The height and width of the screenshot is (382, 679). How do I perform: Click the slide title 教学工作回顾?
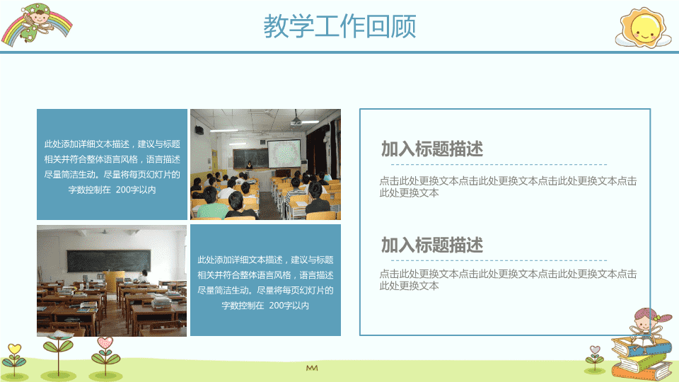(340, 26)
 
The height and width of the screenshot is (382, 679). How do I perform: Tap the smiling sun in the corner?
(644, 28)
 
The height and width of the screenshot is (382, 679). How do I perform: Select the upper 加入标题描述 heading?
(431, 149)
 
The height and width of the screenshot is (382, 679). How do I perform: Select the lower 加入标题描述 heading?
(431, 245)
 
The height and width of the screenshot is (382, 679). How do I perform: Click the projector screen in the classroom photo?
(284, 154)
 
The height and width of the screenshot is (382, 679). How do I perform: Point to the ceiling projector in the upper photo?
(296, 121)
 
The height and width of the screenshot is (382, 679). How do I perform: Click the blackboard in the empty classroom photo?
(109, 261)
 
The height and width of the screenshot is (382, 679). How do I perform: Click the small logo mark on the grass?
(312, 368)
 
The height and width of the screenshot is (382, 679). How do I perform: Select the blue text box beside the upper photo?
(112, 165)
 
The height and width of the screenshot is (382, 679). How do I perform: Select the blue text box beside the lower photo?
(265, 280)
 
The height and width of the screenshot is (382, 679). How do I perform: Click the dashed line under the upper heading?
(499, 165)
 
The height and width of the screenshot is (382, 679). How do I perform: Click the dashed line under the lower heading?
(499, 261)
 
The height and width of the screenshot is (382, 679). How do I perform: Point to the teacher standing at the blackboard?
(249, 166)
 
